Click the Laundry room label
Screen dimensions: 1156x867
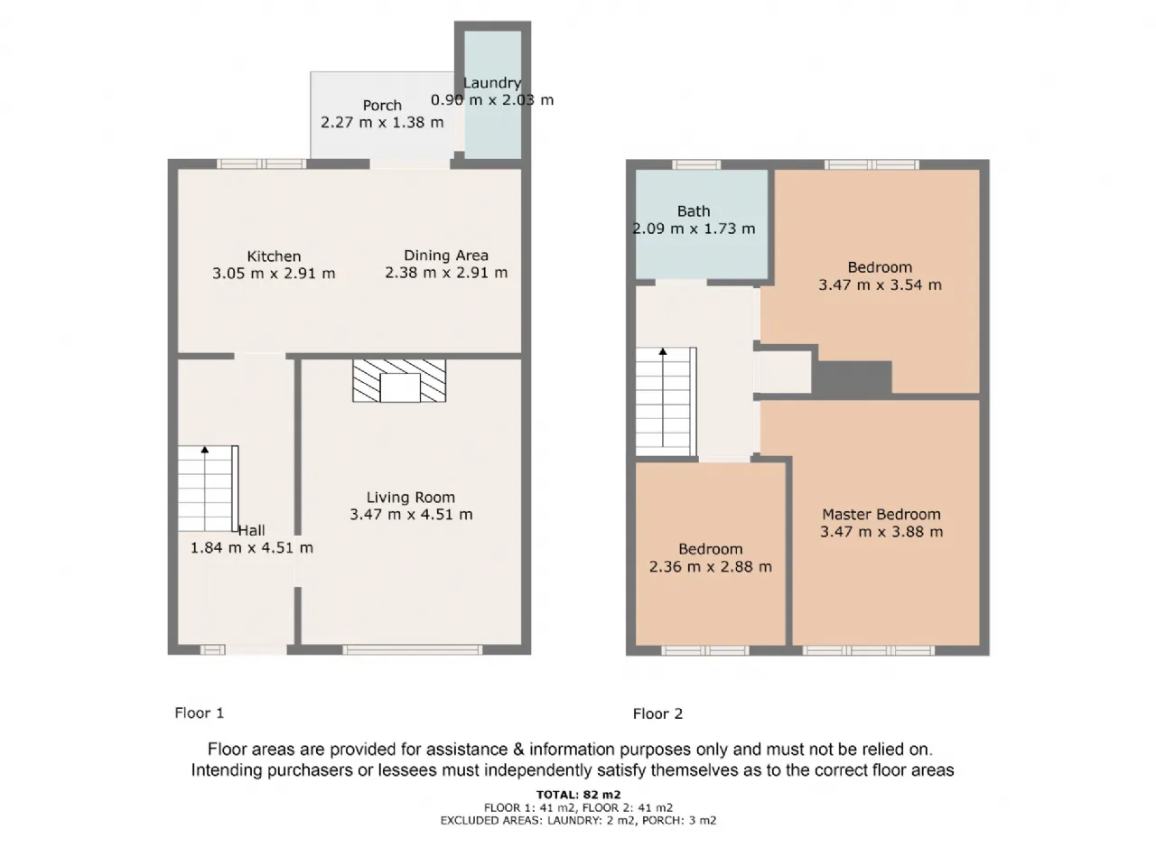492,83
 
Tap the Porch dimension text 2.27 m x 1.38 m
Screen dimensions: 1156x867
382,122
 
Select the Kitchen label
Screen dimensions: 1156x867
274,256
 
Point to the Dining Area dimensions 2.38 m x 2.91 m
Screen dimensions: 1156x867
446,273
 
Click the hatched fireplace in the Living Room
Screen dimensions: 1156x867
399,380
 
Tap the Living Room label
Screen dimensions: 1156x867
411,498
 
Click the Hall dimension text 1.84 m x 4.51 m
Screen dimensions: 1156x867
252,548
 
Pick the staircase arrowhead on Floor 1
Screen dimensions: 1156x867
205,450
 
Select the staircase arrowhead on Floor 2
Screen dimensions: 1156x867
663,351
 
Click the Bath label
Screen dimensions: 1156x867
694,211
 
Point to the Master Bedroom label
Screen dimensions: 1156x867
881,514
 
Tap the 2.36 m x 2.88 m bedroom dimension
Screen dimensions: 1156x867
711,567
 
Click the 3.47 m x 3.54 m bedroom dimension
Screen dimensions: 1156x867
880,284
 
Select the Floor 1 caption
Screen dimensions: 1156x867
200,713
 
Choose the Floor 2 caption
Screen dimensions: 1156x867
657,713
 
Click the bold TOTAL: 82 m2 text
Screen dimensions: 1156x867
578,795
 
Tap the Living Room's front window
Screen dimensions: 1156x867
413,650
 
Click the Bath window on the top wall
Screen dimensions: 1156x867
696,164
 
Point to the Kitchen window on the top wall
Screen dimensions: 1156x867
261,164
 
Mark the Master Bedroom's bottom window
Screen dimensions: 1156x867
869,650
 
